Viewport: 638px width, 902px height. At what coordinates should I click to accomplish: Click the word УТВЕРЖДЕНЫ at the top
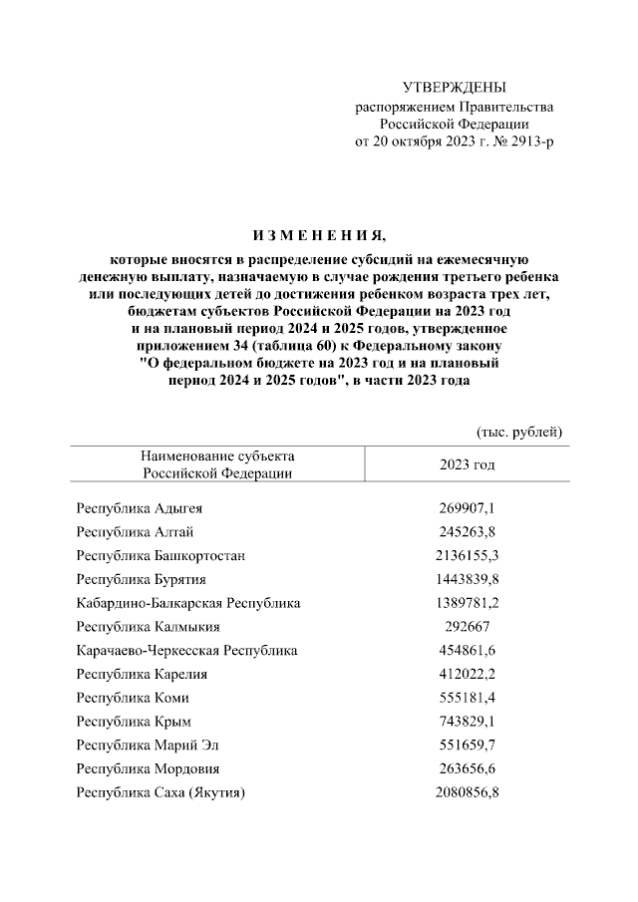click(x=454, y=89)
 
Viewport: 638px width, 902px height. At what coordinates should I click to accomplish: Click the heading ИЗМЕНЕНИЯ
click(x=318, y=235)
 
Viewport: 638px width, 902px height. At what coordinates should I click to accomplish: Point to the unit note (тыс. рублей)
click(x=518, y=432)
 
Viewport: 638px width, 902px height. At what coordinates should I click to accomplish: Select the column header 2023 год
click(x=467, y=464)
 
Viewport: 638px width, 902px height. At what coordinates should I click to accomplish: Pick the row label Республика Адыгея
click(x=140, y=507)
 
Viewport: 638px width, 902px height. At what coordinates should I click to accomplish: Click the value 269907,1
click(x=468, y=507)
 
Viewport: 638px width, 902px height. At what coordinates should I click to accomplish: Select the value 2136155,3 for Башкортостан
click(x=468, y=554)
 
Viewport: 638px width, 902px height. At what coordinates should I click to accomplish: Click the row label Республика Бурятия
click(x=142, y=578)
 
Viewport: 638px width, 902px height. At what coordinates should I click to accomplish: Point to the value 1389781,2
click(x=468, y=603)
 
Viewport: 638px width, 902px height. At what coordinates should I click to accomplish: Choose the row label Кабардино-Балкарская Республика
click(x=188, y=603)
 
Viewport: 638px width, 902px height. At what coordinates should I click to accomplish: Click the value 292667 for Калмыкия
click(x=468, y=627)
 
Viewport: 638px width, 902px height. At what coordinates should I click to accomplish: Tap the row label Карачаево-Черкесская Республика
click(x=187, y=650)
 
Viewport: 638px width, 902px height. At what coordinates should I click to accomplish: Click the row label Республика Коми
click(x=133, y=698)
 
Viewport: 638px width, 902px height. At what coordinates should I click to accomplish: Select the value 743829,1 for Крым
click(x=468, y=721)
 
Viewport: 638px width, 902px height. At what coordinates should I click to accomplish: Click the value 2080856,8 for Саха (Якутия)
click(x=468, y=792)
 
